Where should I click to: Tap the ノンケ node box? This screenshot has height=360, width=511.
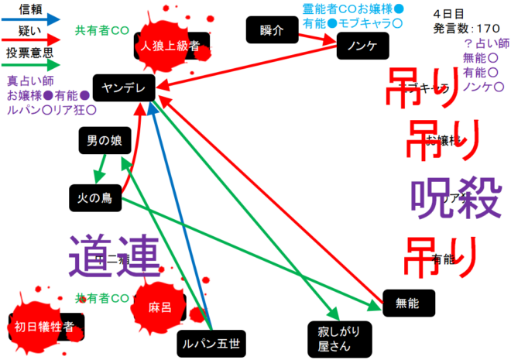point(362,46)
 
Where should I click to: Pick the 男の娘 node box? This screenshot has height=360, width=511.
point(104,141)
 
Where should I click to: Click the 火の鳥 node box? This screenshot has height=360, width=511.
point(94,197)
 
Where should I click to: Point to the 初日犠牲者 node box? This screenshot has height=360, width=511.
point(44,327)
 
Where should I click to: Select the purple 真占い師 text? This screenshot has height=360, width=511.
point(29,81)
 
